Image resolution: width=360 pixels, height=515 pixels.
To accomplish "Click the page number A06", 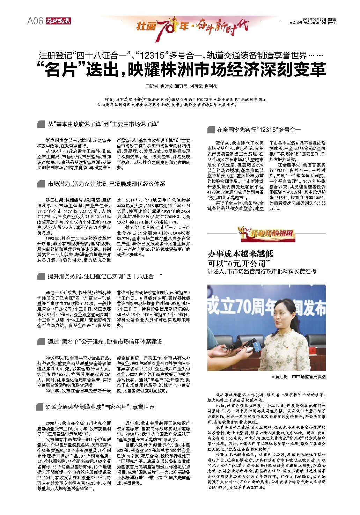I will click(35, 21).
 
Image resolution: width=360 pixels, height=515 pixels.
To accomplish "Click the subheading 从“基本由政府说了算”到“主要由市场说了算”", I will click(103, 124).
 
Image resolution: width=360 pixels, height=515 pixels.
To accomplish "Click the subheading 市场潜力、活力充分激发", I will click(77, 183).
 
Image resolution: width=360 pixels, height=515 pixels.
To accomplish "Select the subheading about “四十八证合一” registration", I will click(105, 277).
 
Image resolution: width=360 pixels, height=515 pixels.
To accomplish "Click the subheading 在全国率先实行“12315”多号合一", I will click(259, 130).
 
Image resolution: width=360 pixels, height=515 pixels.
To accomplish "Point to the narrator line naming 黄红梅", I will click(262, 271).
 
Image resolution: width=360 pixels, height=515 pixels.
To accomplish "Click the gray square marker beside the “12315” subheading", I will click(211, 130).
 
